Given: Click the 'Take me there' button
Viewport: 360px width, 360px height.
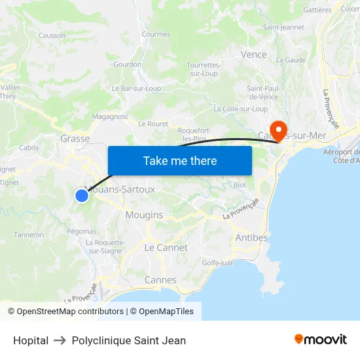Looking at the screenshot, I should click(179, 160).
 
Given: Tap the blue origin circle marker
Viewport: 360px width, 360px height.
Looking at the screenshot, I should click(82, 195).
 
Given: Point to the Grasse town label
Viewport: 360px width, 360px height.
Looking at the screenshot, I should click(75, 139).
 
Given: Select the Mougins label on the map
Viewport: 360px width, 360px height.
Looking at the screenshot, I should click(144, 215).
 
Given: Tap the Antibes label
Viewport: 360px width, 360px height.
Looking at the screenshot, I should click(251, 237).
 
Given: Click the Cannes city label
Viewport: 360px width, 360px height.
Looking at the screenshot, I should click(160, 279).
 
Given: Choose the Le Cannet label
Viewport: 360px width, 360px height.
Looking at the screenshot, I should click(166, 247).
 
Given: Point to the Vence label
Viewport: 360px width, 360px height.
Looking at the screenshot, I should click(254, 54).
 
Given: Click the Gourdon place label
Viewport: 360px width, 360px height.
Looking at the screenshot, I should click(127, 64).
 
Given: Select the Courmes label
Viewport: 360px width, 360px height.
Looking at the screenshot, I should click(156, 34).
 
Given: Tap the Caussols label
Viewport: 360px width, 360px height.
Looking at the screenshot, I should click(52, 35).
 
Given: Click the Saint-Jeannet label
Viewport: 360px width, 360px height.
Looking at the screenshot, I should click(283, 27).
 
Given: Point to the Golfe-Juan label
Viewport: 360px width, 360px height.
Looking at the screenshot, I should click(219, 262).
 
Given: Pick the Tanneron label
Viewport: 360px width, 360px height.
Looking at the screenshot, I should click(29, 234).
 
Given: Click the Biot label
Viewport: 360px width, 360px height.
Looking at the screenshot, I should click(240, 185).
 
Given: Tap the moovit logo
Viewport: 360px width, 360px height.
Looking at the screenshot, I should click(321, 340).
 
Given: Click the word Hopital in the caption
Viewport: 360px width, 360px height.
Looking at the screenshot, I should click(31, 340).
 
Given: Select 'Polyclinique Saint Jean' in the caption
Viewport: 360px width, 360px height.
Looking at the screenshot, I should click(129, 340).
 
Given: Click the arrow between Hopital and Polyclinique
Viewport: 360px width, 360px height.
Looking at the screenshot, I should click(60, 340).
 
